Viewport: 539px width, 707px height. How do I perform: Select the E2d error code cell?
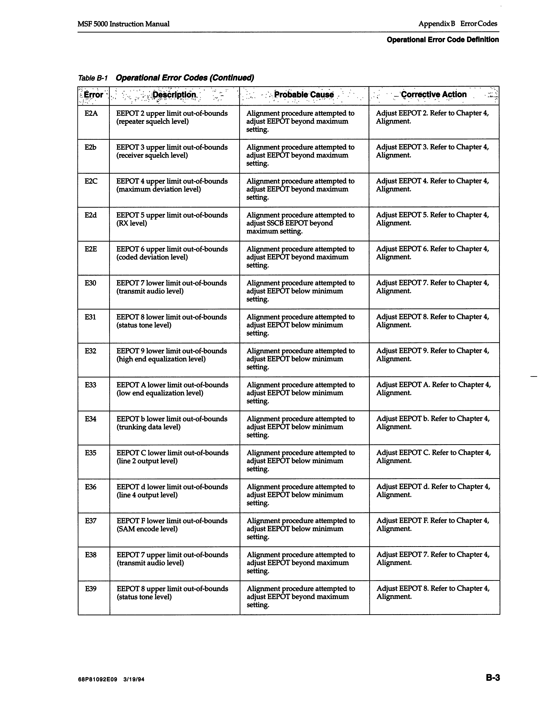point(91,215)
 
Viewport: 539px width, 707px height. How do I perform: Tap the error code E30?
point(91,283)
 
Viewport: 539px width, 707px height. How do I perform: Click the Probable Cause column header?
point(304,95)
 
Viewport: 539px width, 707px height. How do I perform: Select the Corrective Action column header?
point(434,95)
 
